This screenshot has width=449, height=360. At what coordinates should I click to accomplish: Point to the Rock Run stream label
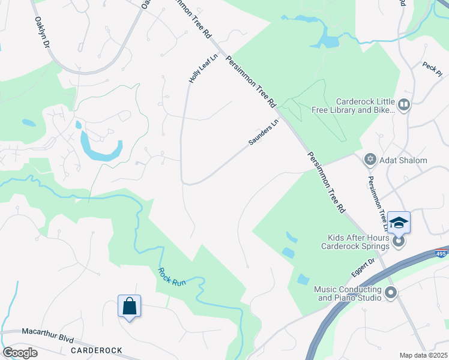coord(172,277)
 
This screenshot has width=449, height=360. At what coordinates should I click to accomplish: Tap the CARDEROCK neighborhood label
coord(97,350)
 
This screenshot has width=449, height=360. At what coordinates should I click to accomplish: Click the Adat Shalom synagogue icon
coord(370,160)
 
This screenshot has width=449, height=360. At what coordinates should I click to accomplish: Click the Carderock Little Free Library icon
coord(404,106)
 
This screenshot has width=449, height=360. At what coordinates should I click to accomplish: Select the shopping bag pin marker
coord(129,307)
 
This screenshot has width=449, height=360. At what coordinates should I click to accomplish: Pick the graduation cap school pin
coord(399,223)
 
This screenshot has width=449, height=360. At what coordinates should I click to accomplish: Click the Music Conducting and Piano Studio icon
coord(391,293)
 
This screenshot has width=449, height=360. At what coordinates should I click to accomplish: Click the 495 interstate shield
coord(441,254)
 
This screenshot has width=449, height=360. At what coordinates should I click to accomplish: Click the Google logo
coord(20,353)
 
